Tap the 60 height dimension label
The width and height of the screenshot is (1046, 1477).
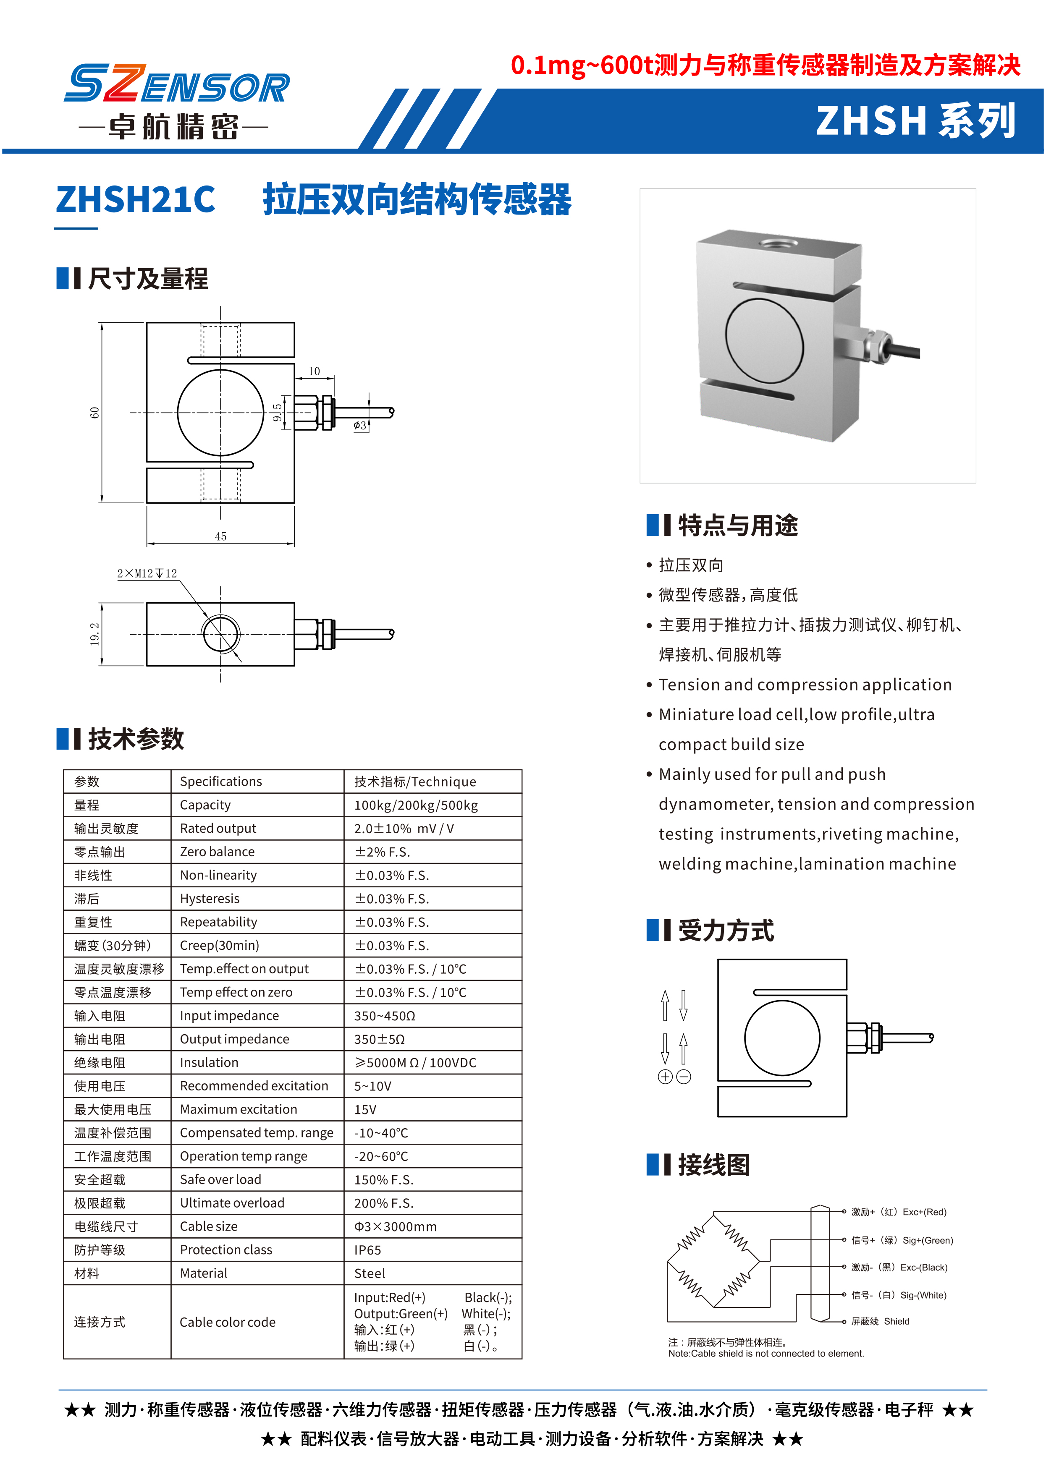click(x=94, y=413)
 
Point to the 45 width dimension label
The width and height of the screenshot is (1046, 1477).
click(x=220, y=536)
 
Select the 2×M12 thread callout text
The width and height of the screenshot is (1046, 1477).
click(x=147, y=573)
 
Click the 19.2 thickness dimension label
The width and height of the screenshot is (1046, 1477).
click(x=94, y=634)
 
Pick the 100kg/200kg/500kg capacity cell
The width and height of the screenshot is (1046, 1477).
click(x=415, y=805)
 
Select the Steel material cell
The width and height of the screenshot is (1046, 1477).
click(x=370, y=1273)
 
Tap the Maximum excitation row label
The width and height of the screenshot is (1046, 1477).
click(x=239, y=1109)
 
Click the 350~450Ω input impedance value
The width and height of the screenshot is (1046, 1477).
click(x=385, y=1015)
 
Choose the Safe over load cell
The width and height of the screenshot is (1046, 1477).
click(x=220, y=1179)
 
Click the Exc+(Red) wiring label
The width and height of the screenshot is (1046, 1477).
click(x=899, y=1212)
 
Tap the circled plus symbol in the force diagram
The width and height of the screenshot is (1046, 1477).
click(x=665, y=1077)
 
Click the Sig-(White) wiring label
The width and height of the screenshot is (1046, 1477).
click(x=899, y=1295)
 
